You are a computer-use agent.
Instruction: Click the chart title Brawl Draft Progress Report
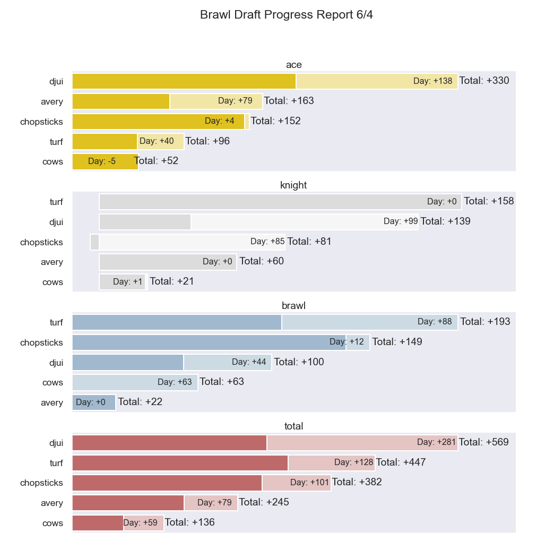pos(286,15)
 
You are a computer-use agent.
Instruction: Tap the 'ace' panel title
pos(293,65)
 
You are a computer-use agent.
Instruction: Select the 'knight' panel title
pos(293,185)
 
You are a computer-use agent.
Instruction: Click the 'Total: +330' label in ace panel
pos(484,81)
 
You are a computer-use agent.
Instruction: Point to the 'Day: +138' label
pos(432,81)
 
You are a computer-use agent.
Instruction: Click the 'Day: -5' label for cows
pos(102,161)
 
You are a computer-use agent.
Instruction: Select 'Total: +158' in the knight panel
pos(489,201)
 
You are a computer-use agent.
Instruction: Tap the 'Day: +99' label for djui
pos(401,221)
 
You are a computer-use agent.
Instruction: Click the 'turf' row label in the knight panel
pos(56,202)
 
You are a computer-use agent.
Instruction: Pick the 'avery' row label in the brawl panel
pos(52,402)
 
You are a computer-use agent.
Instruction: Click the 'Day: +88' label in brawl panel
pos(435,322)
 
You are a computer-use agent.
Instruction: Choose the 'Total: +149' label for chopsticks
pos(397,342)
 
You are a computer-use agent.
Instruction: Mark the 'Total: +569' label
pos(483,442)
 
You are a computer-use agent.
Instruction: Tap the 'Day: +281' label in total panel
pos(437,442)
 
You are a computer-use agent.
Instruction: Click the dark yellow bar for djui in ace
pos(184,81)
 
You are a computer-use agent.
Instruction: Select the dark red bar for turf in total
pos(180,463)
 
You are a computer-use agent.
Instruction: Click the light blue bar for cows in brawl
pos(135,382)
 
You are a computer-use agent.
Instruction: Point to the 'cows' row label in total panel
pos(53,523)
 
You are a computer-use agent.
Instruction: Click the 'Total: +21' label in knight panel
pos(172,281)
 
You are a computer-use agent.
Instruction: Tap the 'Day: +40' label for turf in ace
pos(157,141)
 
